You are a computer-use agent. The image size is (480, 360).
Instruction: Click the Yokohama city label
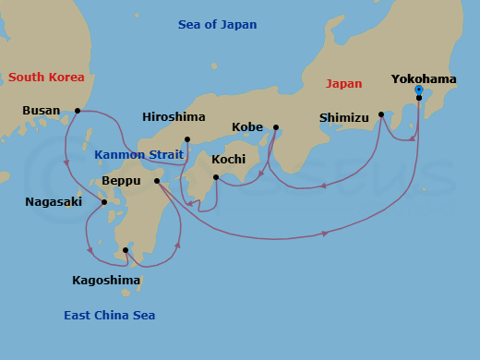(x=424, y=79)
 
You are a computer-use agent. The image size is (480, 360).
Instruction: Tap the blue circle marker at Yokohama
(x=418, y=90)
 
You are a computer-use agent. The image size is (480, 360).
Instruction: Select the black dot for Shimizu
(x=381, y=114)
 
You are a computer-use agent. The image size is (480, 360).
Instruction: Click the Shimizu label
(x=344, y=117)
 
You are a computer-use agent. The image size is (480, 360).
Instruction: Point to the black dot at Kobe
(x=275, y=127)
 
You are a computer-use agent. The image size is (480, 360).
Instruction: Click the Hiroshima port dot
(x=187, y=139)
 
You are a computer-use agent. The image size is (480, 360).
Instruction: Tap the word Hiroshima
(x=174, y=117)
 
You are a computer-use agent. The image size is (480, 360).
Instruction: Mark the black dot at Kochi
(x=215, y=177)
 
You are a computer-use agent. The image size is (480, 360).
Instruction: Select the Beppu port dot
(x=157, y=181)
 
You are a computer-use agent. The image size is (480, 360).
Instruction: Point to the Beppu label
(x=121, y=181)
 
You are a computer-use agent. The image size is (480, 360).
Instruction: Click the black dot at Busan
(x=78, y=111)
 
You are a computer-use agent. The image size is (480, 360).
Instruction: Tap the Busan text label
(x=42, y=111)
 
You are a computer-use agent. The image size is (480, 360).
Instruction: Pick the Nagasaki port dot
(x=104, y=202)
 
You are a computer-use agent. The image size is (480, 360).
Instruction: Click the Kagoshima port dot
(x=126, y=250)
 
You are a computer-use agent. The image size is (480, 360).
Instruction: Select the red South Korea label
(x=46, y=78)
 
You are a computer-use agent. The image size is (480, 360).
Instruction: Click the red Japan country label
(x=343, y=84)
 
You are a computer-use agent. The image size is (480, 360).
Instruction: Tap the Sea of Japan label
(x=218, y=25)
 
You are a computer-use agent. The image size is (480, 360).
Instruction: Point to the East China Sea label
(x=109, y=316)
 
